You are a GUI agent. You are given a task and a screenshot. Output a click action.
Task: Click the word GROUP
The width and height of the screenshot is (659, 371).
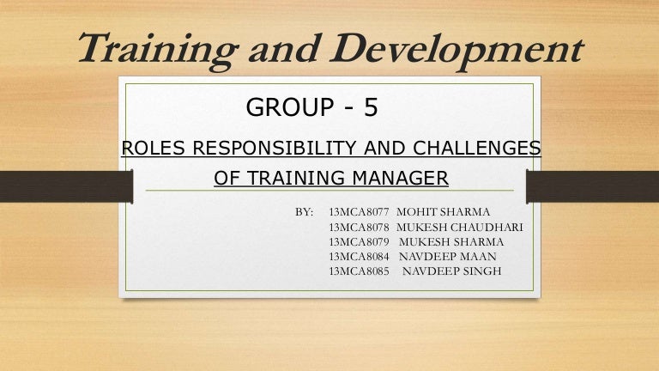click(x=287, y=107)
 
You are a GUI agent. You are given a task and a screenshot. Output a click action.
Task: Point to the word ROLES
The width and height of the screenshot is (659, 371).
click(x=154, y=149)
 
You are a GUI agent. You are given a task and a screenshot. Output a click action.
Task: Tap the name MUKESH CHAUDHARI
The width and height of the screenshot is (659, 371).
click(x=460, y=227)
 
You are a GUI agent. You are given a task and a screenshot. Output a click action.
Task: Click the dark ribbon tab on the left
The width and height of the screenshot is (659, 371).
click(x=65, y=185)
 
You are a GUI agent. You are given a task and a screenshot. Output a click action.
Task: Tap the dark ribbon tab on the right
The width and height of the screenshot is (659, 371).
click(x=592, y=185)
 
